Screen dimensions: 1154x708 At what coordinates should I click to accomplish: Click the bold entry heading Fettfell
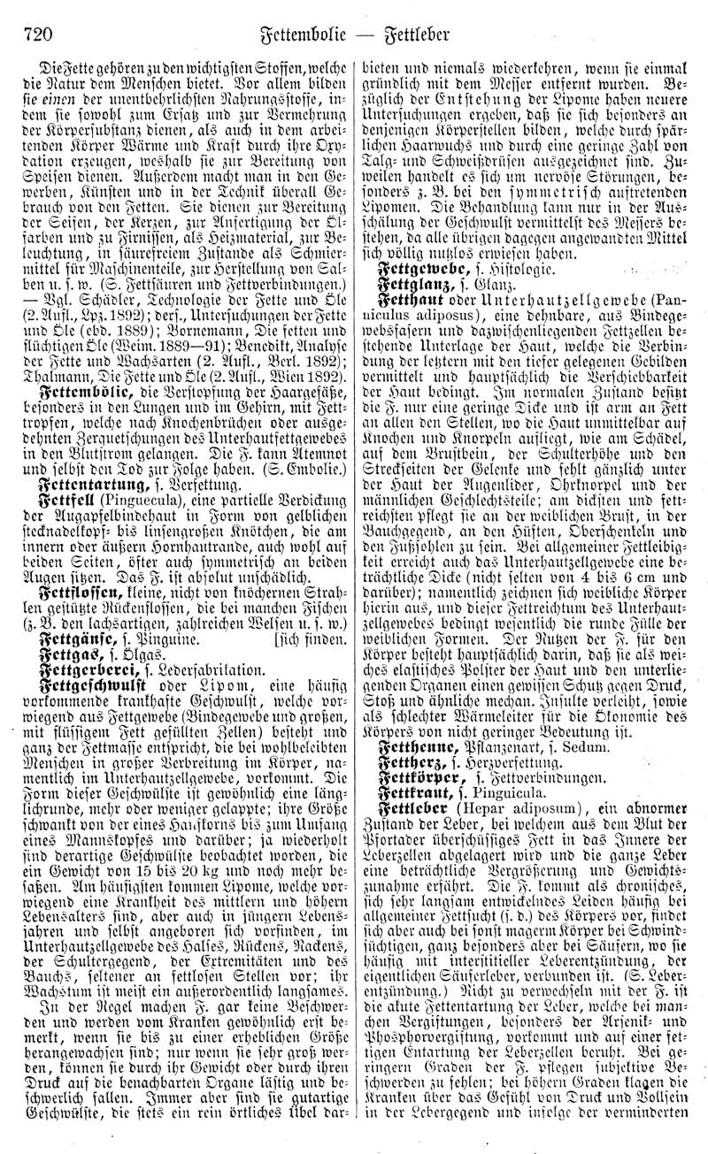pos(65,501)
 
